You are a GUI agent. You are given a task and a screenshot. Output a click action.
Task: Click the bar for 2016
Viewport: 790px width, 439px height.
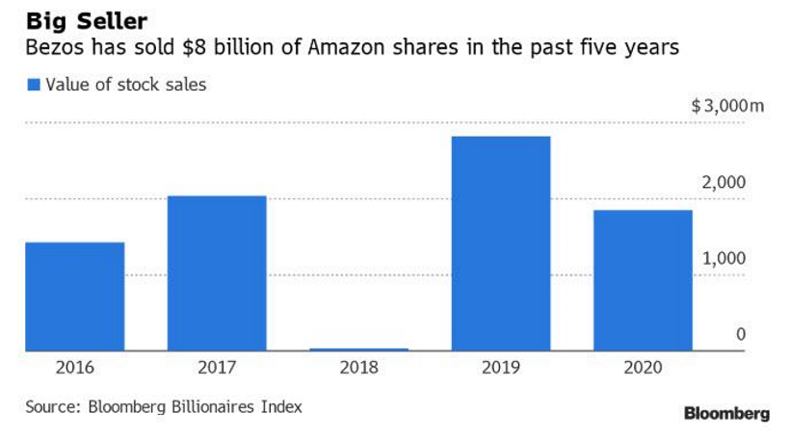pyautogui.click(x=74, y=297)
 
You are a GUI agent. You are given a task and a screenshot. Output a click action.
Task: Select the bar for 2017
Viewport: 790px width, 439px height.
pyautogui.click(x=217, y=273)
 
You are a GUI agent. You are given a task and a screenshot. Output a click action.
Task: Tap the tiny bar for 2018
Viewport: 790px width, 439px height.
pyautogui.click(x=359, y=349)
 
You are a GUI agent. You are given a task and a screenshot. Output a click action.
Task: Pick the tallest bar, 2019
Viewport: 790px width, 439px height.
pyautogui.click(x=501, y=244)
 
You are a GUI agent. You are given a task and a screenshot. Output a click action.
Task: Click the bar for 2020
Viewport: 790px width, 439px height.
pyautogui.click(x=643, y=280)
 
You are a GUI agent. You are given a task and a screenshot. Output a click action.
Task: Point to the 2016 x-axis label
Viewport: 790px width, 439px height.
pyautogui.click(x=74, y=368)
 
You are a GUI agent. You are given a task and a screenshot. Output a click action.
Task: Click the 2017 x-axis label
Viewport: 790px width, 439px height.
pyautogui.click(x=217, y=368)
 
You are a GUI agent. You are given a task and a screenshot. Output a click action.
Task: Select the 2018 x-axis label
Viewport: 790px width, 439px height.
pyautogui.click(x=359, y=368)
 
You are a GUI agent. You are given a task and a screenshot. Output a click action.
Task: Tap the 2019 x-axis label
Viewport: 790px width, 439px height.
pyautogui.click(x=501, y=368)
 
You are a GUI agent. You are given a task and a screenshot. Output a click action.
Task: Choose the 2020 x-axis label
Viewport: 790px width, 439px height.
pyautogui.click(x=643, y=368)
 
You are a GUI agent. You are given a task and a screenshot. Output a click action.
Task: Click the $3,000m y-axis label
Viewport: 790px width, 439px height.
pyautogui.click(x=727, y=107)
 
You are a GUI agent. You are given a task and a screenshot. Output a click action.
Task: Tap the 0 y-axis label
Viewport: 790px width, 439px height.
pyautogui.click(x=741, y=334)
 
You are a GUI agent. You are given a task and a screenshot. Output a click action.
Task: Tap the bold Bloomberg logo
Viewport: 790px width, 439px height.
pyautogui.click(x=726, y=414)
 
